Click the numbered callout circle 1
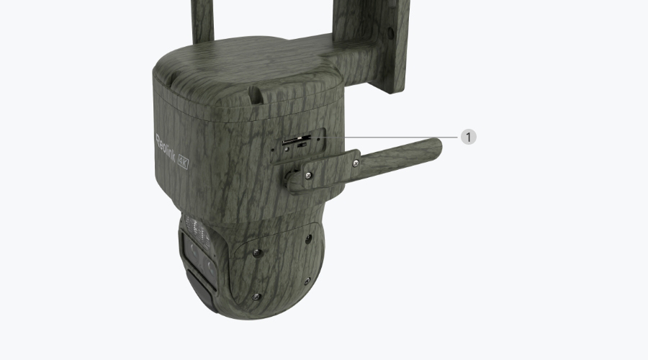coord(468,137)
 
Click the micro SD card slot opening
coord(296,140)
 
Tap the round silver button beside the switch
coord(287,149)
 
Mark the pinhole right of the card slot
coord(318,139)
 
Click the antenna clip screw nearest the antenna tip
coord(356,163)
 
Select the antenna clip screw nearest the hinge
coord(308,176)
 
